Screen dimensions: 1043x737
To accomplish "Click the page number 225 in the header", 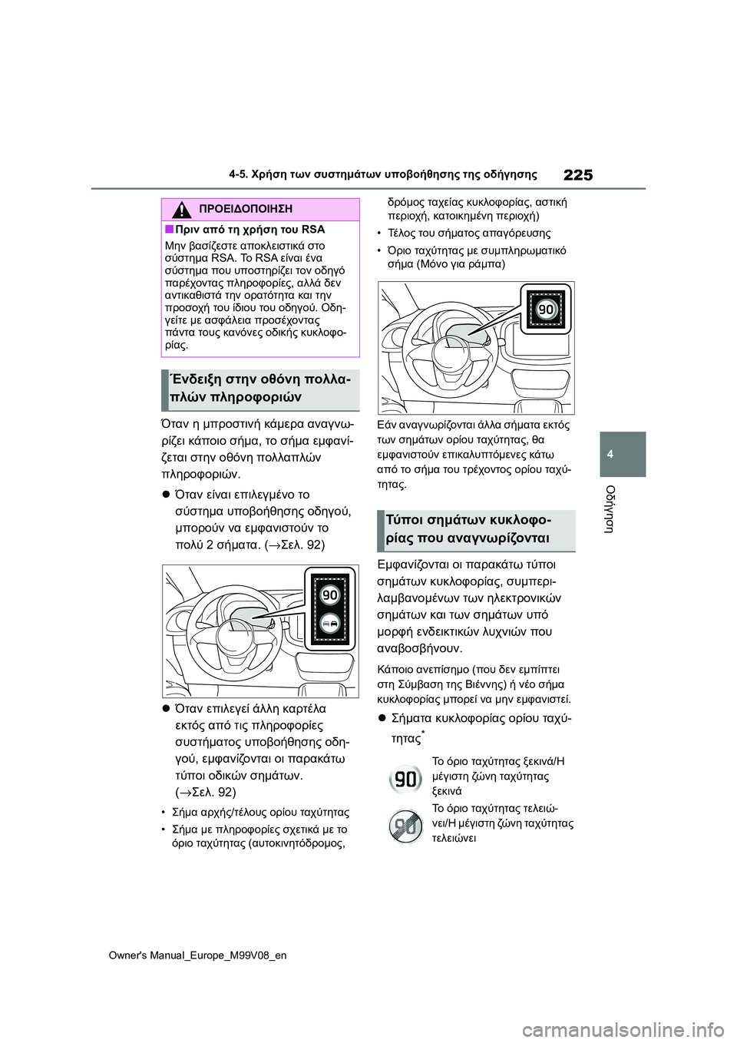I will [x=577, y=175].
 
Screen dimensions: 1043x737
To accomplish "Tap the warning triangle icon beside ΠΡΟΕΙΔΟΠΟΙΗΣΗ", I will [x=182, y=210].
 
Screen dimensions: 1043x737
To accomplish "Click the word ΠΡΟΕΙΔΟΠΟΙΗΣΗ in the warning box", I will [x=245, y=209].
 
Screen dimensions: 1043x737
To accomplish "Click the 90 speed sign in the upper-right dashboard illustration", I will [x=546, y=310].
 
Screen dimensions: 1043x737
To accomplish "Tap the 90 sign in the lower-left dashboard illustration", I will [x=329, y=595].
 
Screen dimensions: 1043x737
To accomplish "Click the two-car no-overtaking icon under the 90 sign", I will [x=329, y=624].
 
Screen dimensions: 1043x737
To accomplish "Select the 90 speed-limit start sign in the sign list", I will [x=405, y=780].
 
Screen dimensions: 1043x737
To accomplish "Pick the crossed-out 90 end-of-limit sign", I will [x=405, y=826].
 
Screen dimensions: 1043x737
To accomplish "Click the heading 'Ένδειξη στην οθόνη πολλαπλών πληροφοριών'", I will [x=260, y=389].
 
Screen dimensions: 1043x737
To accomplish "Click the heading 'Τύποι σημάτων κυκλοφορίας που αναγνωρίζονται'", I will [x=476, y=529].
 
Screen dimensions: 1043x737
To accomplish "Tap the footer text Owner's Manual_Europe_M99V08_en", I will [x=197, y=955].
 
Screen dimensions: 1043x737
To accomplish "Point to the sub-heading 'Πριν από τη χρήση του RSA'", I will [x=250, y=230].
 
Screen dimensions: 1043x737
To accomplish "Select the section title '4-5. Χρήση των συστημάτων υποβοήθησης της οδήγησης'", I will [x=382, y=174].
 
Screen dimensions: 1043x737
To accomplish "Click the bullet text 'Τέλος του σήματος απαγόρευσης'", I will [x=469, y=233].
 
